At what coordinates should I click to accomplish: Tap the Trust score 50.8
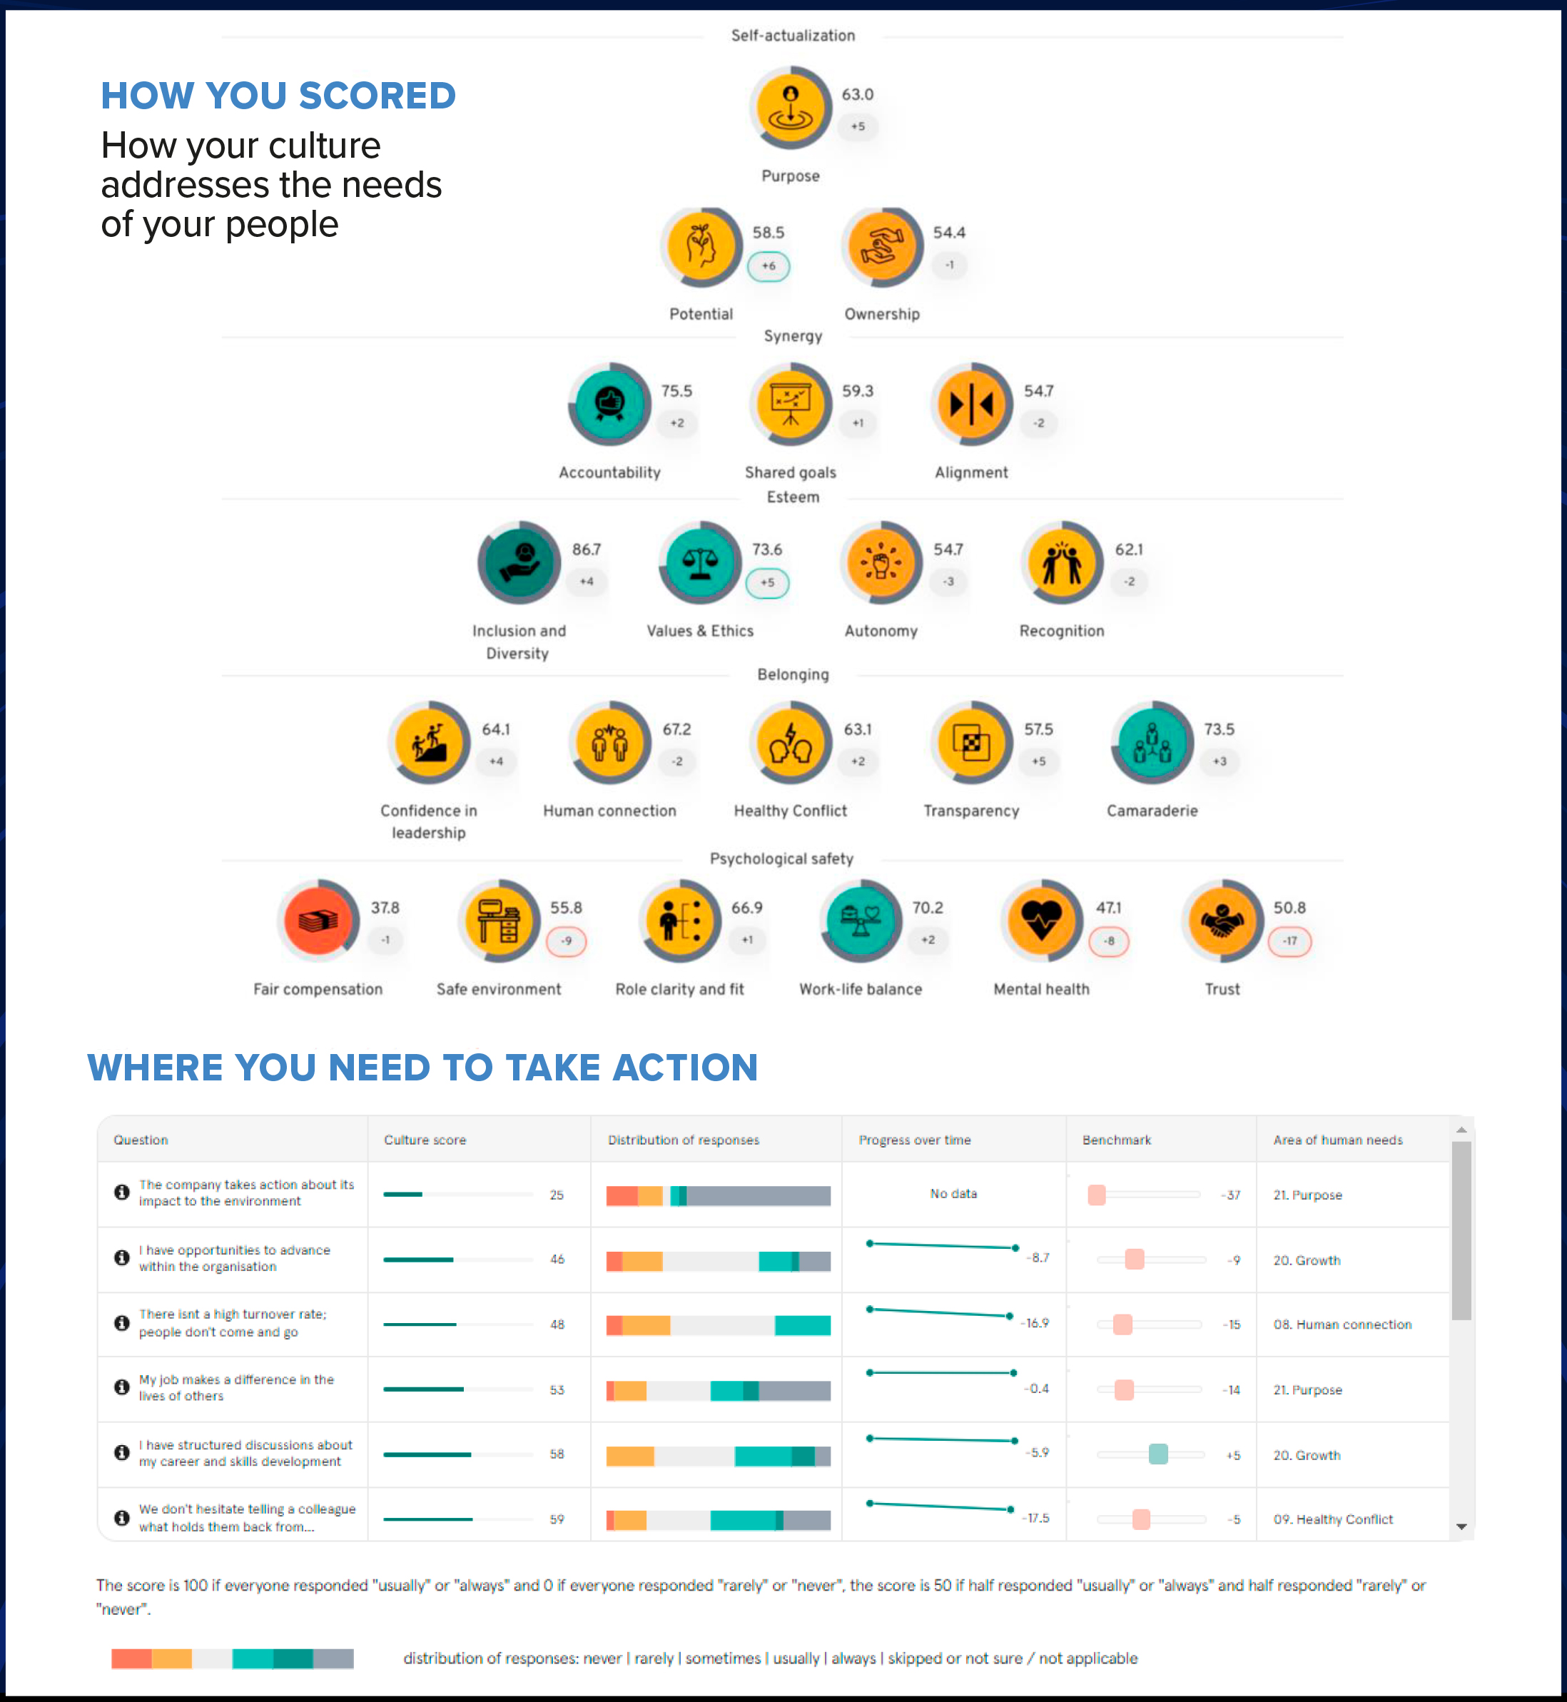1289,908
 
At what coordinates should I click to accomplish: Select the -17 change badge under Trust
1289,941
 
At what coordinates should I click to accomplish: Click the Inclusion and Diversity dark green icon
519,562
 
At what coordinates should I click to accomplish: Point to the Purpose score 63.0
857,94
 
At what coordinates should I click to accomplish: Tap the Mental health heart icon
1041,920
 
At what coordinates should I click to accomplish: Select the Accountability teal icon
609,404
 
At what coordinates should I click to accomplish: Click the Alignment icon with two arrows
972,404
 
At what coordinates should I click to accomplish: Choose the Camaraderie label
1152,811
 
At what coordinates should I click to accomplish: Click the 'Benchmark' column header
1116,1140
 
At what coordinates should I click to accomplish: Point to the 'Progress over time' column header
914,1140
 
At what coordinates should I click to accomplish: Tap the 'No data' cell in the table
953,1194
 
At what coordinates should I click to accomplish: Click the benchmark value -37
1231,1195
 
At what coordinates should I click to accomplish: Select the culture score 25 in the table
557,1195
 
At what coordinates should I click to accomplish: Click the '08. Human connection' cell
1342,1324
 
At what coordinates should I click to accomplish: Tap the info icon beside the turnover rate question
122,1323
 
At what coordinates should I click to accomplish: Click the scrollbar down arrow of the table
1461,1526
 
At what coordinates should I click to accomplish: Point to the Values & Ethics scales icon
701,562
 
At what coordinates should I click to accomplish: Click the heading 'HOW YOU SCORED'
278,96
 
